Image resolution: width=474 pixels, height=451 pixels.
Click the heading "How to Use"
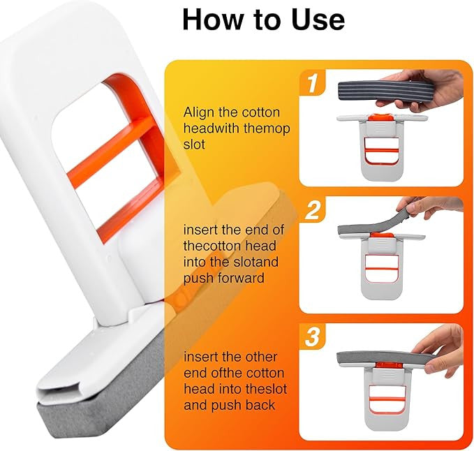[x=263, y=20]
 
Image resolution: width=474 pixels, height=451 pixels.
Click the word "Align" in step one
[x=200, y=112]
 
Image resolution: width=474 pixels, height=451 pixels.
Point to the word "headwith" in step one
[x=214, y=129]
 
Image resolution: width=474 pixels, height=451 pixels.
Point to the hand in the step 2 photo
[x=433, y=206]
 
